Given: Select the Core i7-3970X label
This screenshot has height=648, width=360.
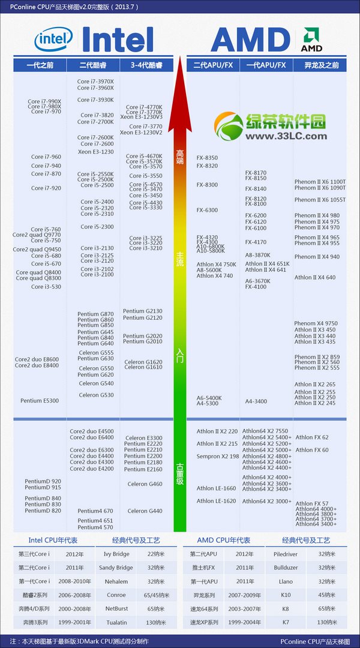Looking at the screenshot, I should [x=95, y=81].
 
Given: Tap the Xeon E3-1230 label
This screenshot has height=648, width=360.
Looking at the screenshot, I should [x=95, y=152].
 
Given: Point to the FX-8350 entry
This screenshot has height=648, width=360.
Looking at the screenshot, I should [x=207, y=158].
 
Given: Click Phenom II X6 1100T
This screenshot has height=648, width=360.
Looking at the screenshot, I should [x=320, y=181].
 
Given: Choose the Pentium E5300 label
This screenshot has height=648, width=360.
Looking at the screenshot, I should [x=40, y=401].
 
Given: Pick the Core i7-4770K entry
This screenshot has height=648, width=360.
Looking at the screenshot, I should [x=144, y=107].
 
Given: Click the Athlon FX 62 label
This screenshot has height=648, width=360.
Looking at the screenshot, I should [x=312, y=437].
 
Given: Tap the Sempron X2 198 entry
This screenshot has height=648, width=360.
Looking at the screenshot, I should [x=218, y=456].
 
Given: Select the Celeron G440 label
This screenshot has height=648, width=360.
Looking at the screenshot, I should [x=145, y=511].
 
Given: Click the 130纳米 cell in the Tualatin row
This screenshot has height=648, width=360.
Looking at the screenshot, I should [x=159, y=622].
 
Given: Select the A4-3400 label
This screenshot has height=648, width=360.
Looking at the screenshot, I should [x=256, y=401].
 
